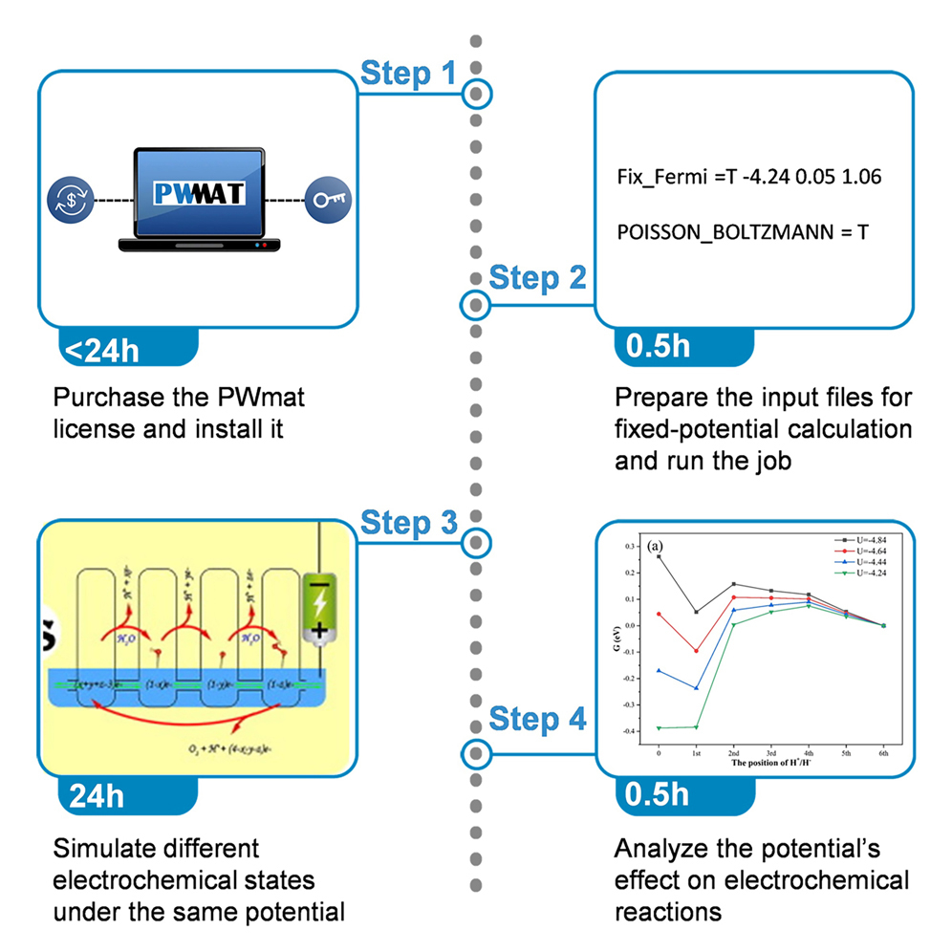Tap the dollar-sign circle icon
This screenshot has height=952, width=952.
[70, 201]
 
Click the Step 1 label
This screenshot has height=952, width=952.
[408, 74]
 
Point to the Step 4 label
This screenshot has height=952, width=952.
[537, 721]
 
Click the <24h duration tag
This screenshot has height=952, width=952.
[102, 350]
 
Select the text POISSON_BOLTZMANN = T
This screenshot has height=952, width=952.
[743, 231]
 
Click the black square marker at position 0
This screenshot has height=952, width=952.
[659, 556]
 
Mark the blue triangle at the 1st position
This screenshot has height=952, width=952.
[696, 688]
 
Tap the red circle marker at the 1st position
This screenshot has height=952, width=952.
[696, 651]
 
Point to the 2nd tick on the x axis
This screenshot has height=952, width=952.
[733, 753]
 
